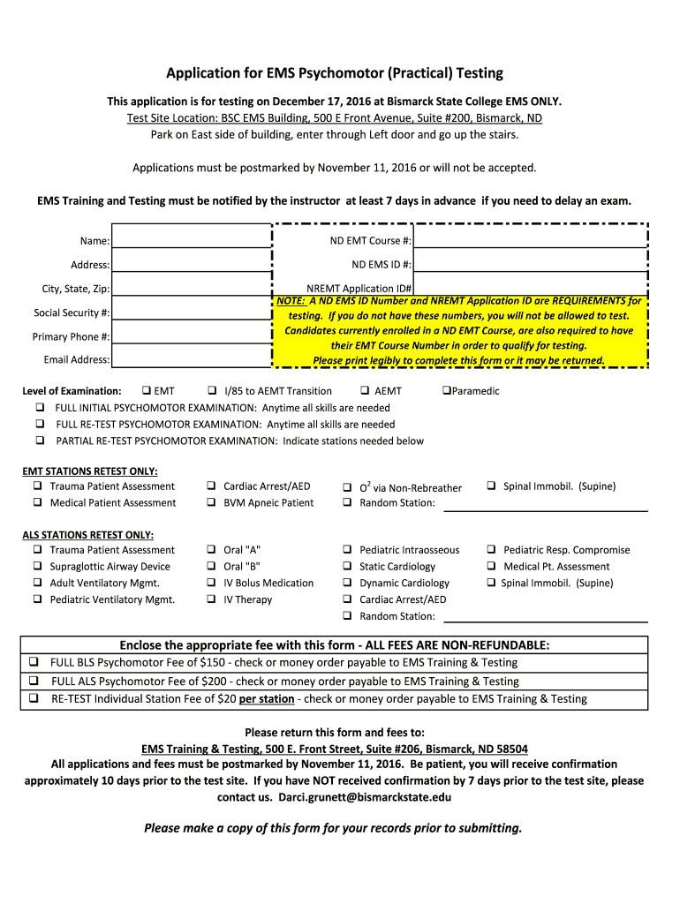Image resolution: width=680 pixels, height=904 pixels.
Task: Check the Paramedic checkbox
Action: [446, 391]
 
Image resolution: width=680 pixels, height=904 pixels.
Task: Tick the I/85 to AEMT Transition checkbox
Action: [213, 391]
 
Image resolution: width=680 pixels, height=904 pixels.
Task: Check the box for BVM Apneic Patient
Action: [212, 503]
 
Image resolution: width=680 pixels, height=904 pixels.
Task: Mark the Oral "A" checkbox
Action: [212, 550]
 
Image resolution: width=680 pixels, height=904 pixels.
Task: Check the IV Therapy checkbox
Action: [212, 600]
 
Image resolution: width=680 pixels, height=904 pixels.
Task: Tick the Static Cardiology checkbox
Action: [348, 567]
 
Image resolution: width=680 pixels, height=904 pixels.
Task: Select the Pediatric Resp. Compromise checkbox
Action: [492, 550]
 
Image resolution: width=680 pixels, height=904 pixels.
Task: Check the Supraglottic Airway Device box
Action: [39, 567]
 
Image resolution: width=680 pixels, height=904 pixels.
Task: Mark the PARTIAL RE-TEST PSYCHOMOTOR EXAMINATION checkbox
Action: [40, 441]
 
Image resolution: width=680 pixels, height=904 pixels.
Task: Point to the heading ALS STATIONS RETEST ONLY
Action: [88, 535]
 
